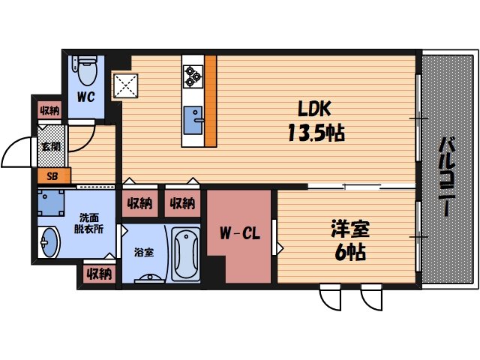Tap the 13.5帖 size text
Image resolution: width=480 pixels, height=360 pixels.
point(314,134)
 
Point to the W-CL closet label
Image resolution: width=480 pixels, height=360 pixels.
point(239,233)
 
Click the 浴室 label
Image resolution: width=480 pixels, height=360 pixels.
point(143,252)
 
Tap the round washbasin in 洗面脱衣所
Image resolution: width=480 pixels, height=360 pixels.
point(49,243)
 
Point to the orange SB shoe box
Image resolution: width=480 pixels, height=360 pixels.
point(52,177)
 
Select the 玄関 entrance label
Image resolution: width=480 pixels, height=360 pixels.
point(52,147)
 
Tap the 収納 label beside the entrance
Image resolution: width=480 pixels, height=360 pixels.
point(49,111)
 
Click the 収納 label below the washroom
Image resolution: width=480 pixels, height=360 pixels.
point(99,274)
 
